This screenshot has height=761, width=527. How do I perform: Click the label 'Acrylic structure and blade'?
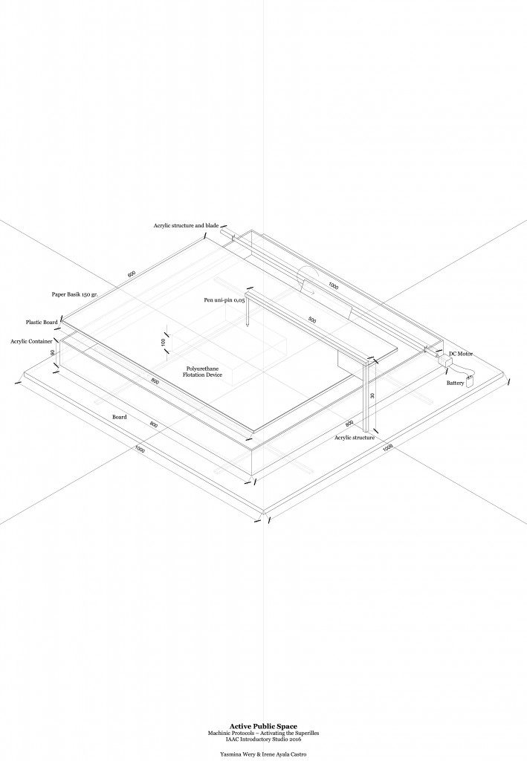tap(187, 225)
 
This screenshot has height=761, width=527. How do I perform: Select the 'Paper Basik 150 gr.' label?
tap(74, 293)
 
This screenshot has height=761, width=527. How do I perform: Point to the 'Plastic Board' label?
tap(42, 323)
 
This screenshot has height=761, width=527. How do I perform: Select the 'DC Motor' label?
tap(461, 354)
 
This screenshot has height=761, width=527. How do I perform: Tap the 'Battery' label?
tap(455, 383)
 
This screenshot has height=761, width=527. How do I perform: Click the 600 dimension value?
tap(132, 274)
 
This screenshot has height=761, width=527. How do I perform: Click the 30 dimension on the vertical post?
tap(372, 395)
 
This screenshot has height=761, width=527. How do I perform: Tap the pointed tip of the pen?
tap(246, 325)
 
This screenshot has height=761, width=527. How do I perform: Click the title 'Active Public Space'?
tap(263, 726)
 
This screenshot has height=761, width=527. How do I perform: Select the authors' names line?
tap(263, 754)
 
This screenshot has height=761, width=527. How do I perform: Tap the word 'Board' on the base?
tap(119, 418)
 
